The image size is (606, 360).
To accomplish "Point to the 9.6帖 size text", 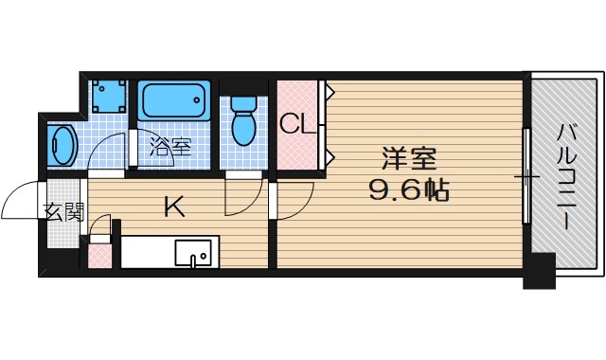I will pyautogui.click(x=408, y=189).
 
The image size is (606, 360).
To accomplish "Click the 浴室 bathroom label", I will pyautogui.click(x=171, y=147).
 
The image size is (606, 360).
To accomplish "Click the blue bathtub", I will pyautogui.click(x=173, y=101).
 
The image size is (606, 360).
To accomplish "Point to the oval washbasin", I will pyautogui.click(x=64, y=146).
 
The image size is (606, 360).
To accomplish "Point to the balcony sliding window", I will pyautogui.click(x=526, y=176).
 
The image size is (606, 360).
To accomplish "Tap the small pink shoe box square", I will pyautogui.click(x=99, y=255).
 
